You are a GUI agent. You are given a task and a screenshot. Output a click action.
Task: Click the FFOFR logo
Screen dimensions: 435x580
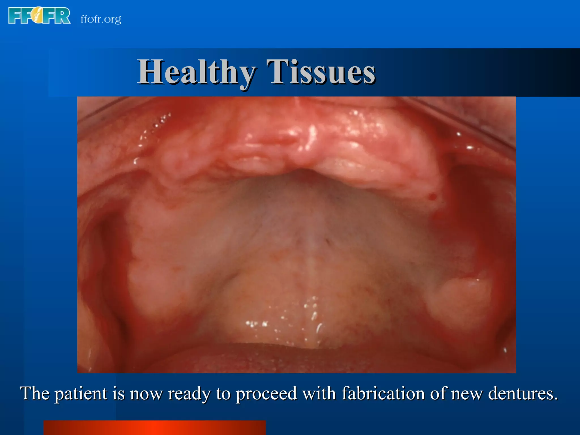[39, 16]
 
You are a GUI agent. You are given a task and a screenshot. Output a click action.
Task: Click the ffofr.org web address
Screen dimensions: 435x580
[101, 19]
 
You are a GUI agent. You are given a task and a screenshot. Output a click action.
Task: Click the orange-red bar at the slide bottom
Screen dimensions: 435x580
[155, 428]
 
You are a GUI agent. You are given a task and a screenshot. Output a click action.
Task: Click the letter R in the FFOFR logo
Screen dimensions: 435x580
[63, 16]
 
